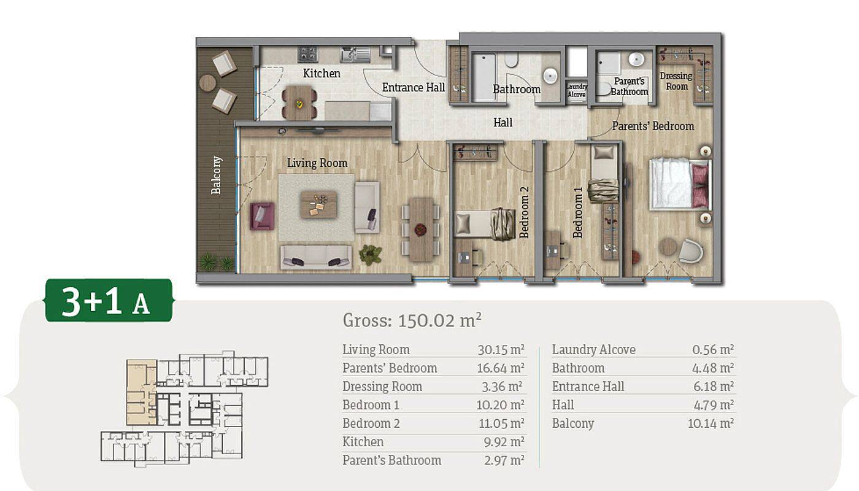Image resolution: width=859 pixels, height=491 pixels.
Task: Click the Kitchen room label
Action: (x=322, y=73)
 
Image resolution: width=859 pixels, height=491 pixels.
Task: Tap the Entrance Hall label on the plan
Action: (x=414, y=87)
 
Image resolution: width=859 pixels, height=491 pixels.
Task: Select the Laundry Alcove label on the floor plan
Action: (x=577, y=91)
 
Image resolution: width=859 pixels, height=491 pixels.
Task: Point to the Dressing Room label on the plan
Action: (x=676, y=81)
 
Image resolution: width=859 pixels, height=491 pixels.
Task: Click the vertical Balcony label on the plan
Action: (x=216, y=175)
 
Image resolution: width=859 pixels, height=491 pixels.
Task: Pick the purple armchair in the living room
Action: (x=263, y=216)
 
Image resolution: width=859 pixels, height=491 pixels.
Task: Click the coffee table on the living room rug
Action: (x=318, y=204)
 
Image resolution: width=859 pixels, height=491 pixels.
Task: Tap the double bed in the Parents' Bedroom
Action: (x=680, y=184)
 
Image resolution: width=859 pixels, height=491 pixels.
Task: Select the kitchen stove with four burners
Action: (x=308, y=54)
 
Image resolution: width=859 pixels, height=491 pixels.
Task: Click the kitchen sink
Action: (x=355, y=55)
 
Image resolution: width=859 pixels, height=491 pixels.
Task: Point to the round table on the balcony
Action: (x=207, y=82)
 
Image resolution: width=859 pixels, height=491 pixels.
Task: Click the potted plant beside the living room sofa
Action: (x=371, y=255)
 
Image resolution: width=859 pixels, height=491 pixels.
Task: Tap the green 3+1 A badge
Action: (x=109, y=300)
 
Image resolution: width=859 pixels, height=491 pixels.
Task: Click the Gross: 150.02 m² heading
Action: (x=412, y=320)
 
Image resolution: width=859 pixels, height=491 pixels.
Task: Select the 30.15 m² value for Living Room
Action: (x=501, y=349)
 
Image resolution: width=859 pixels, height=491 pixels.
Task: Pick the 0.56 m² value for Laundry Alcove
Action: (x=713, y=349)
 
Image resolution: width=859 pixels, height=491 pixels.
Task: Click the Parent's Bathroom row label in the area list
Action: (x=391, y=460)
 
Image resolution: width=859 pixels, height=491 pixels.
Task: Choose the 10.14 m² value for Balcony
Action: (x=711, y=423)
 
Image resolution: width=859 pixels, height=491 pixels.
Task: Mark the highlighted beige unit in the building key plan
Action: (x=141, y=392)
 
